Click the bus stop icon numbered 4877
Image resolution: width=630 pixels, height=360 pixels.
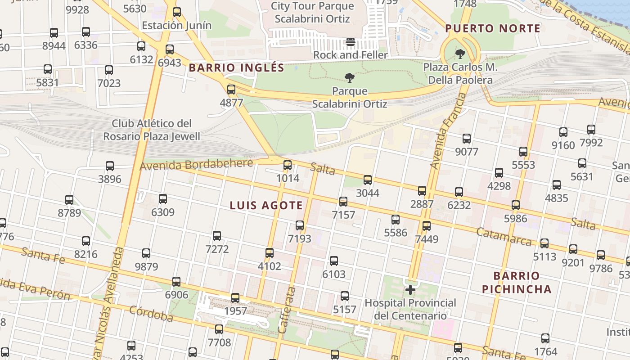231,90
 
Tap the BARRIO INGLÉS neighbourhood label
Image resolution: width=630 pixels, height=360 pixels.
236,68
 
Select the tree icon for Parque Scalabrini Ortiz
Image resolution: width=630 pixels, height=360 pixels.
349,78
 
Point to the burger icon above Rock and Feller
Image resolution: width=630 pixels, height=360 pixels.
351,42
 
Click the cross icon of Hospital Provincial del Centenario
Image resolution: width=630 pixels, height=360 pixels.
410,290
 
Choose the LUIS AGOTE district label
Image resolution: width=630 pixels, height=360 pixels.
266,206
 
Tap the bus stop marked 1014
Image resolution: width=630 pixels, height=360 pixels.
288,165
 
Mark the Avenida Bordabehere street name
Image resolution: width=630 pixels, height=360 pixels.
196,165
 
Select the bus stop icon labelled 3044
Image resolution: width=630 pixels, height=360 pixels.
368,180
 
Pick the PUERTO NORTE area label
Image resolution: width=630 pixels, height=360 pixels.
493,29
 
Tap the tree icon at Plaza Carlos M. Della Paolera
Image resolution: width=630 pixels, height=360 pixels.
460,54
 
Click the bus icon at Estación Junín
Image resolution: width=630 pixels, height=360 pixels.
177,12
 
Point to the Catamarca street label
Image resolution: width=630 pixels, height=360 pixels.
504,236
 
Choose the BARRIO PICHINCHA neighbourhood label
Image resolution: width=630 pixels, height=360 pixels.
517,282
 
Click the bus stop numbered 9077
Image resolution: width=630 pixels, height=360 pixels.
467,139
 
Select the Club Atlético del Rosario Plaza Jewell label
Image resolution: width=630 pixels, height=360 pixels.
152,130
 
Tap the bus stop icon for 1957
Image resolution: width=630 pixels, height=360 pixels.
235,298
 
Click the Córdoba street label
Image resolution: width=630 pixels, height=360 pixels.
151,314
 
